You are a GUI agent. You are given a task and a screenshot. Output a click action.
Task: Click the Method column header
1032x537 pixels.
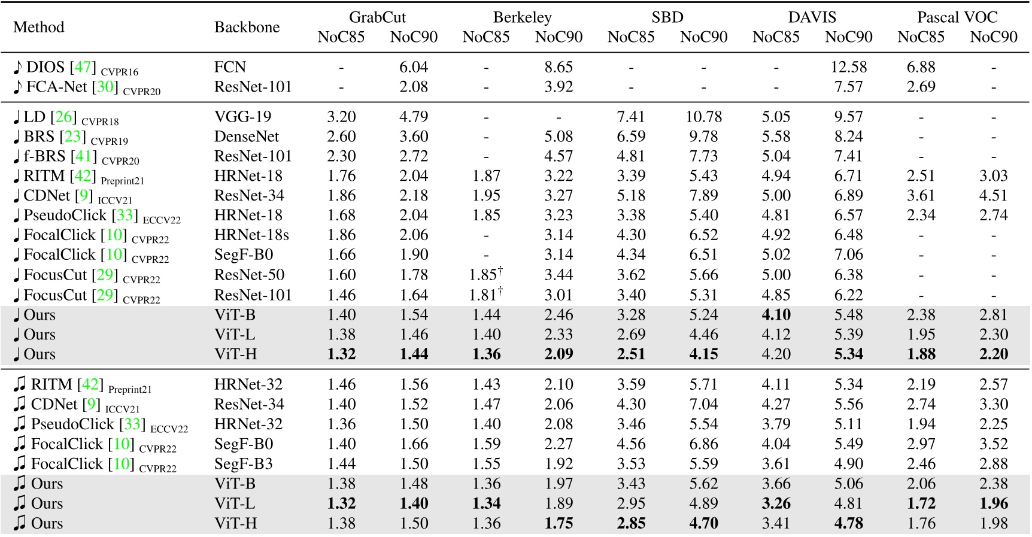tap(38, 27)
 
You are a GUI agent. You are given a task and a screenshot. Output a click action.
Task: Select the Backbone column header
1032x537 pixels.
tap(247, 27)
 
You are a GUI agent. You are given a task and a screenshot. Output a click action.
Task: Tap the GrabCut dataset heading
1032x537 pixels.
tap(377, 17)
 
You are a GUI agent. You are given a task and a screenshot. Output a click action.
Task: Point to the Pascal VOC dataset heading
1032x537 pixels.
tap(957, 17)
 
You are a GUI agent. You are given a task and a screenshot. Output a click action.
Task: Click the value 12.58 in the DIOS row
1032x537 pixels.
tap(848, 67)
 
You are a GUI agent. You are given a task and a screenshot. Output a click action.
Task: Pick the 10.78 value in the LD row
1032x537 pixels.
tap(703, 117)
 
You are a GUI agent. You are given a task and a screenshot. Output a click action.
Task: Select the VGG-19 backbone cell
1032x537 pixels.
tap(242, 117)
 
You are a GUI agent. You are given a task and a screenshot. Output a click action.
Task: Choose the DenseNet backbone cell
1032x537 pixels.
tap(247, 136)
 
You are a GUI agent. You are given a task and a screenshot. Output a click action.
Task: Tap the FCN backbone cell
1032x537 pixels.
tap(230, 67)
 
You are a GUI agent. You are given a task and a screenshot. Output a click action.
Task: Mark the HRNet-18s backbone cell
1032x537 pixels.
tap(251, 235)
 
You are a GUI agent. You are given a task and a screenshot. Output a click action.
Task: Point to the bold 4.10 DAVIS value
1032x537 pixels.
tap(776, 315)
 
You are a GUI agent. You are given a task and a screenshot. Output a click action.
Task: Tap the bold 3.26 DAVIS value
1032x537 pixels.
tap(776, 503)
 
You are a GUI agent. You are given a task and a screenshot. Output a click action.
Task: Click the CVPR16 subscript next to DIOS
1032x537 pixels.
tap(119, 72)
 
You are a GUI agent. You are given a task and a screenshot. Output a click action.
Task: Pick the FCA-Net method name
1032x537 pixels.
tap(57, 87)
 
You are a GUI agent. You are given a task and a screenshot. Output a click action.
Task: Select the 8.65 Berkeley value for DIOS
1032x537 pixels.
tap(559, 67)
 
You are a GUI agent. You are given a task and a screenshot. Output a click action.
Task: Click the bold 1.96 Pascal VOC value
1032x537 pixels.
tap(994, 503)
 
